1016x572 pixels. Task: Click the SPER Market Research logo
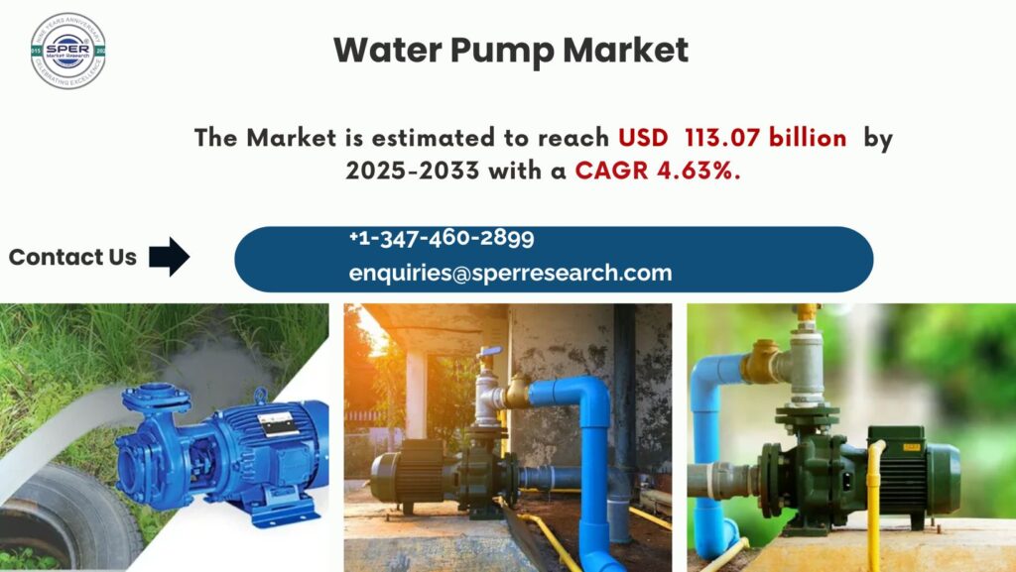[x=67, y=52]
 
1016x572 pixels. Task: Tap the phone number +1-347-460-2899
[x=442, y=238]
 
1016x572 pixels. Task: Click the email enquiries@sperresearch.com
[x=510, y=273]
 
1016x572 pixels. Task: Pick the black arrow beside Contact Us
[x=169, y=257]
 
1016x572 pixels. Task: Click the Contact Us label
[x=72, y=258]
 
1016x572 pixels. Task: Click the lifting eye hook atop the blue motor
[x=262, y=396]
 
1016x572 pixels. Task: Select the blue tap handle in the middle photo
[x=487, y=354]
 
